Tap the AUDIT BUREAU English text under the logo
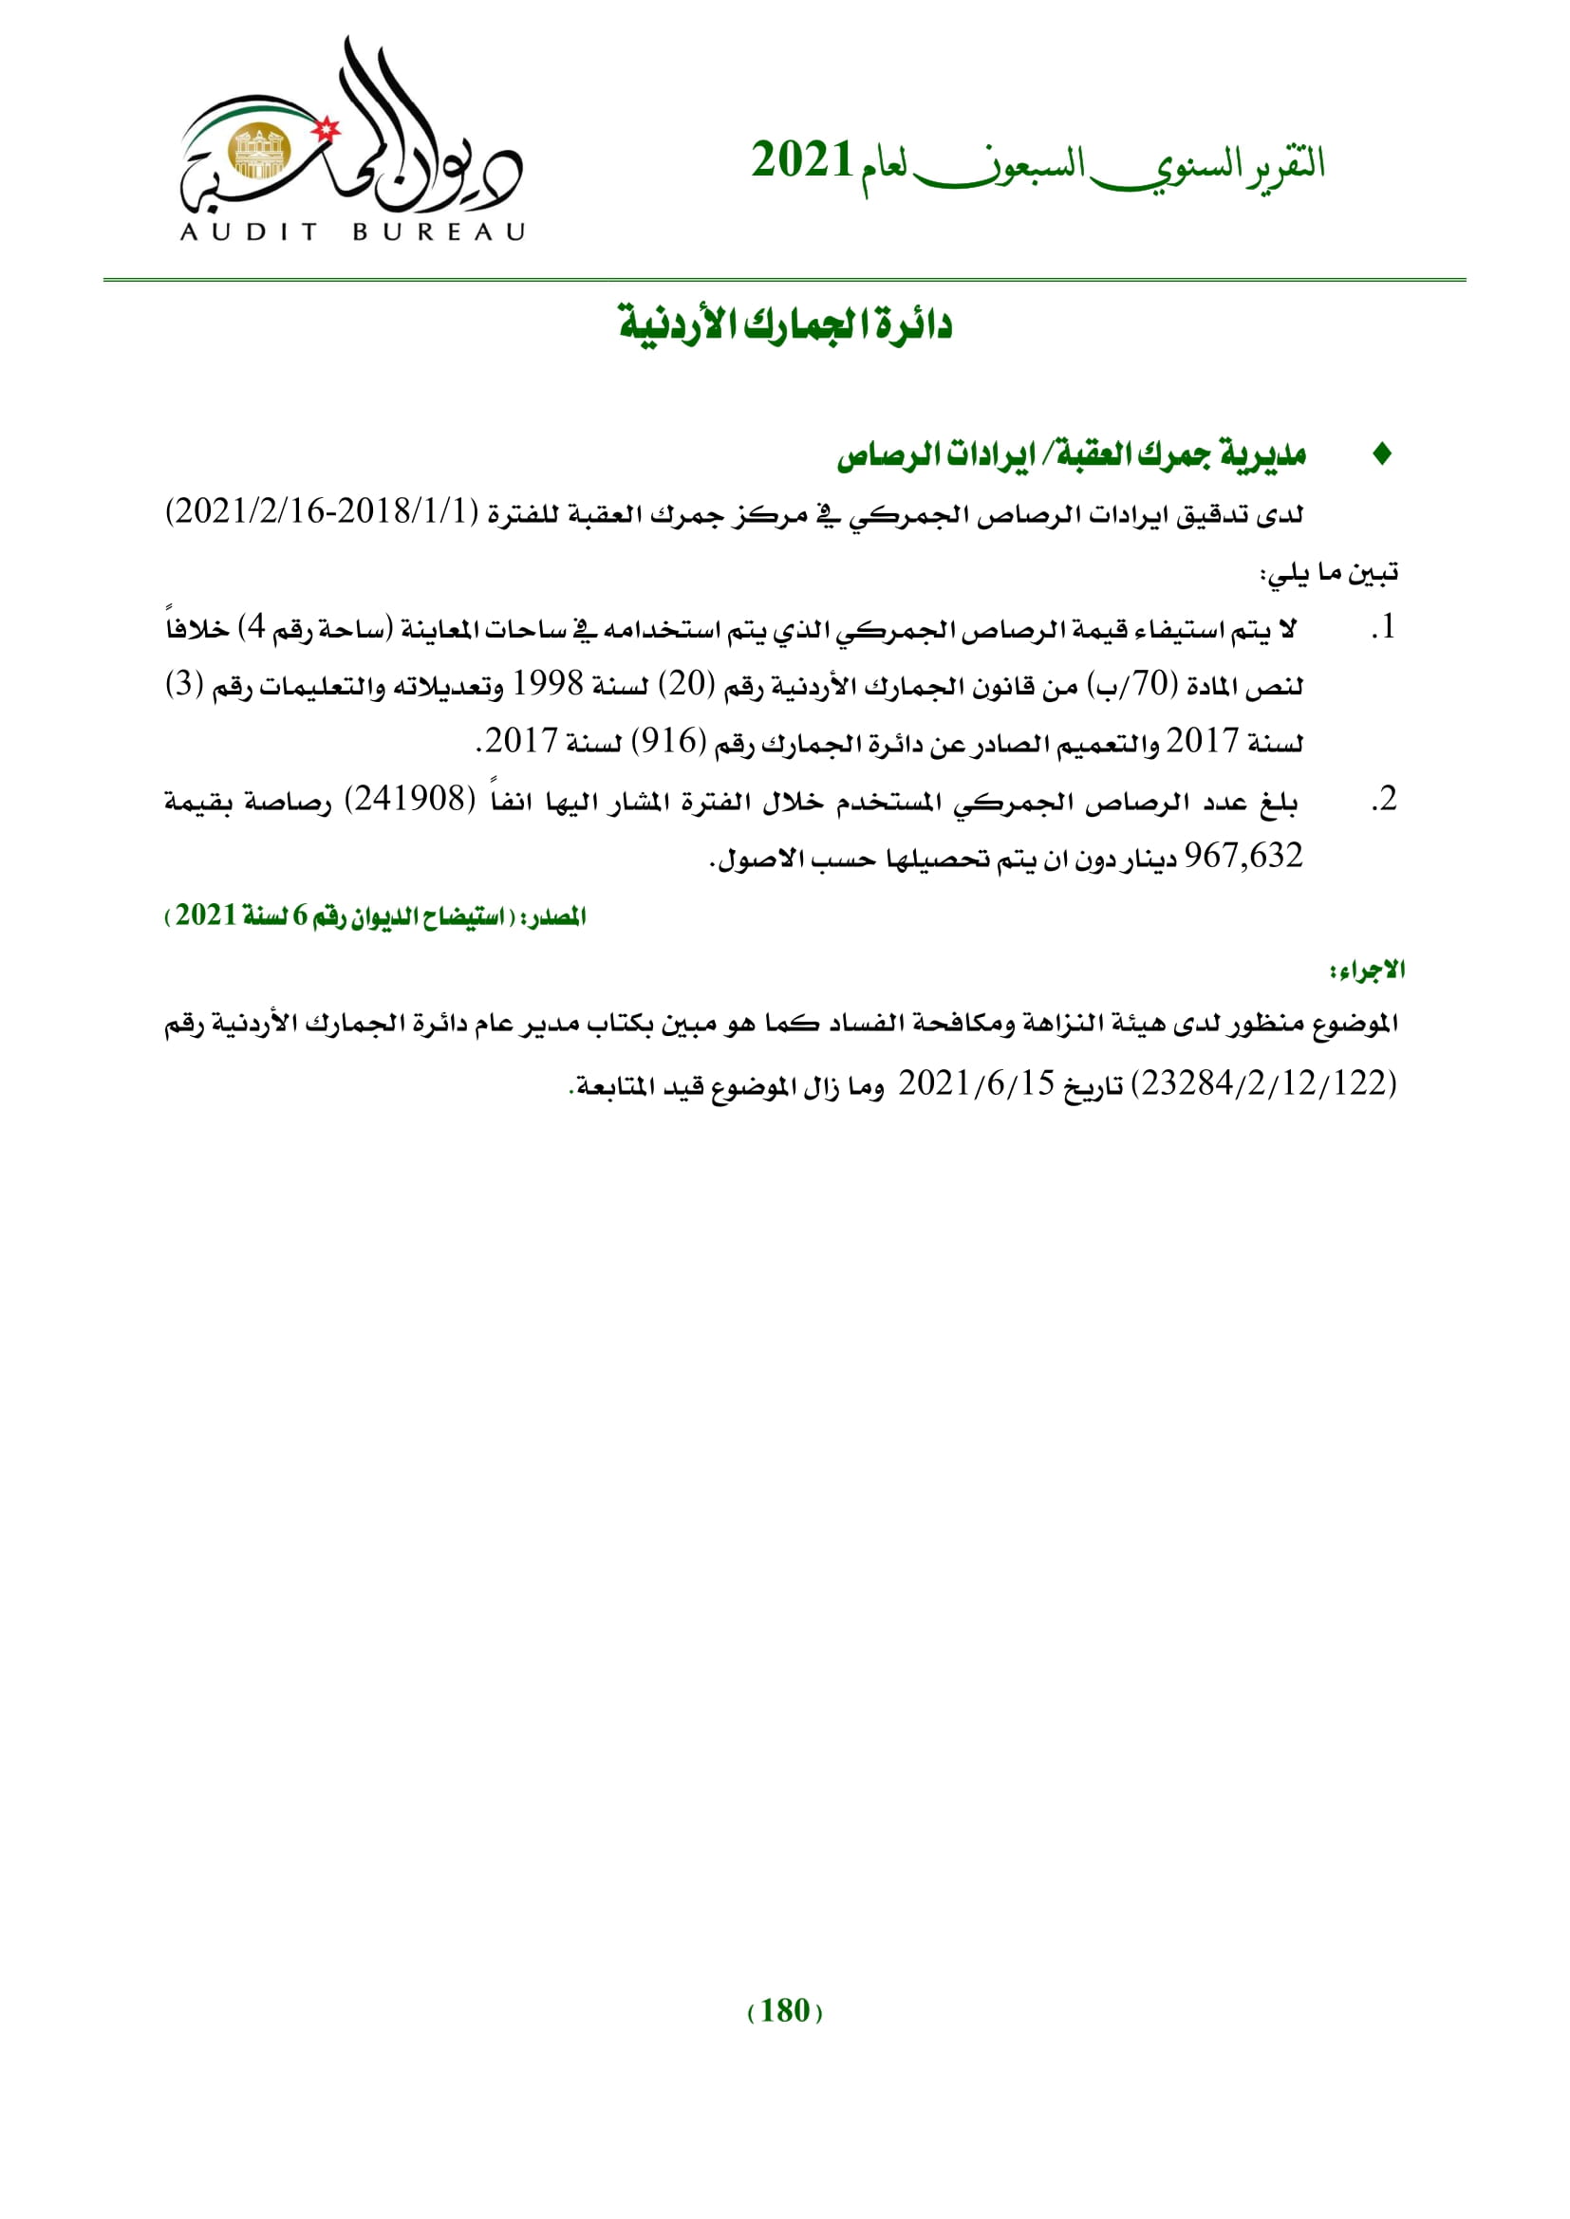[x=353, y=231]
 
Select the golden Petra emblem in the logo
[x=259, y=152]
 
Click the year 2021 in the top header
[x=801, y=160]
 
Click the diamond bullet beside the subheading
[x=1382, y=453]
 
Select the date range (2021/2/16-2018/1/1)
[x=323, y=510]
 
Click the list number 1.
[x=1384, y=627]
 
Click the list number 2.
[x=1384, y=799]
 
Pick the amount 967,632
[x=1243, y=856]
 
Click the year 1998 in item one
[x=547, y=684]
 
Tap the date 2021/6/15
[x=977, y=1083]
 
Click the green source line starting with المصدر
[x=376, y=915]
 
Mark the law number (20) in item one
[x=686, y=684]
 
